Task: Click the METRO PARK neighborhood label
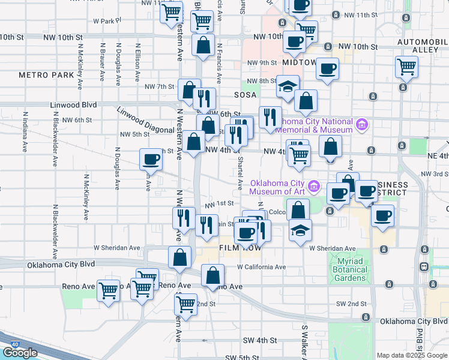(x=46, y=75)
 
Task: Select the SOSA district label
(x=245, y=95)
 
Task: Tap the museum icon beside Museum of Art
(x=313, y=187)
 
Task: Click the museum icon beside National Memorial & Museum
(x=361, y=125)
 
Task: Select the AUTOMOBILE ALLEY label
(x=423, y=46)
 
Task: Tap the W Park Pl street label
(x=107, y=20)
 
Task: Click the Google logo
(x=20, y=353)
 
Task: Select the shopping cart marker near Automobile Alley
(x=406, y=67)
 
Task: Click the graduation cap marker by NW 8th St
(x=288, y=85)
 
